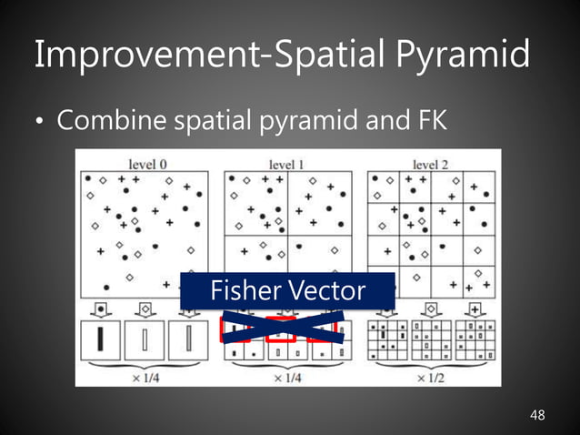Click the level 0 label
pos(147,165)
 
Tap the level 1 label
pos(286,165)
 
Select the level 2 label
pos(431,165)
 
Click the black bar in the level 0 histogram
pos(103,341)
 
